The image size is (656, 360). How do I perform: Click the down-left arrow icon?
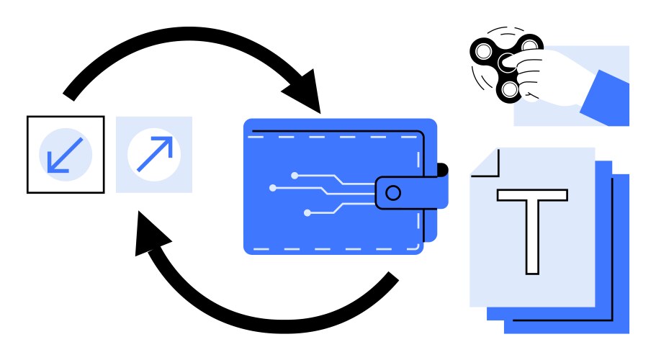click(x=65, y=154)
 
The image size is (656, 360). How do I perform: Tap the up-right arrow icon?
click(x=154, y=154)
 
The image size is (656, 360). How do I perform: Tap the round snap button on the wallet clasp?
click(x=392, y=193)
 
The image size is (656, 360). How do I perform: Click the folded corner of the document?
click(x=483, y=163)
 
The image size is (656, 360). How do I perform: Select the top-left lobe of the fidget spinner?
click(x=482, y=51)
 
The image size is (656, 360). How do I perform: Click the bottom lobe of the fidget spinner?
click(x=509, y=89)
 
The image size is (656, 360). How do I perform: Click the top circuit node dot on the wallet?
click(x=294, y=175)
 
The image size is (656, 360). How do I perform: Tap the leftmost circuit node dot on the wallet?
click(x=272, y=189)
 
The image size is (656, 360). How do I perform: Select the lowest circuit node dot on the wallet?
click(x=307, y=212)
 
